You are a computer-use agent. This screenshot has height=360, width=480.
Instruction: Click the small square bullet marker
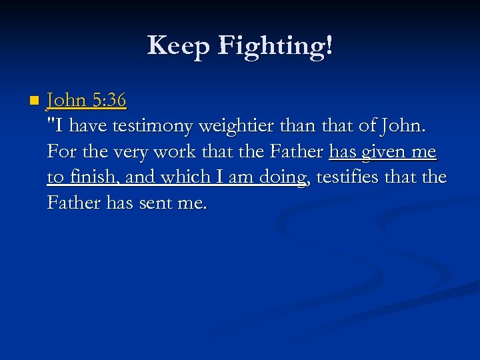tap(34, 101)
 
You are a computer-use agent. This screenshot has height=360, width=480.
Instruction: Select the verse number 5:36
tap(109, 100)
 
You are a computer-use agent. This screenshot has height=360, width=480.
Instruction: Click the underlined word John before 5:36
tap(67, 100)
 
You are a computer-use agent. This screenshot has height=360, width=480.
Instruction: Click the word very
tap(130, 151)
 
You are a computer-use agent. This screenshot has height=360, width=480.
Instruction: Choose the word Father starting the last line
tap(75, 202)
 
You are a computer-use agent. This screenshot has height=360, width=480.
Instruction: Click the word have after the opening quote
tap(92, 125)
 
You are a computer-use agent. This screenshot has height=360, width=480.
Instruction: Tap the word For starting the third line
tap(61, 151)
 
